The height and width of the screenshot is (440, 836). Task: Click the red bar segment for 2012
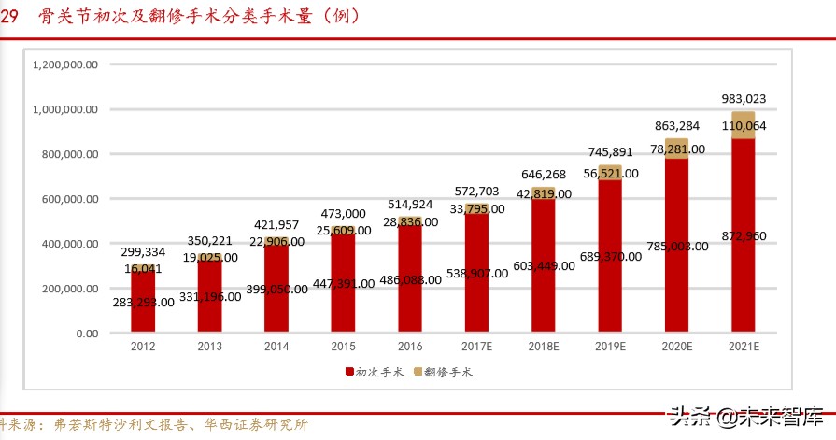click(143, 300)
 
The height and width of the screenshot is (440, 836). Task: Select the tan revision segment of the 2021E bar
click(744, 125)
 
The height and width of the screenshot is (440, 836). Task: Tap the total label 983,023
click(744, 98)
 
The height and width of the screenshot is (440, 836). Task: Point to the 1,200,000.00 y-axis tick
click(65, 64)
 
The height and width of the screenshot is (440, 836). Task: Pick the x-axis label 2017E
click(476, 347)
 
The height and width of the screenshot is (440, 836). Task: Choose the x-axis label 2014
click(276, 347)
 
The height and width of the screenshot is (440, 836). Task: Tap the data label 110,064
click(744, 125)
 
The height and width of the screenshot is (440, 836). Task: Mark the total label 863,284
click(676, 125)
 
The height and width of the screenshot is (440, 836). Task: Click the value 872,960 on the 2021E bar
click(744, 235)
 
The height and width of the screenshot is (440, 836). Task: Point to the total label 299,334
click(143, 252)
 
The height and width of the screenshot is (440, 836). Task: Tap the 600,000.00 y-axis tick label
click(72, 199)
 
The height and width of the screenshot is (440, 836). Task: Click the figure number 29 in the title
click(9, 16)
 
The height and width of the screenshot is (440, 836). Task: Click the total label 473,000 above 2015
click(343, 213)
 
